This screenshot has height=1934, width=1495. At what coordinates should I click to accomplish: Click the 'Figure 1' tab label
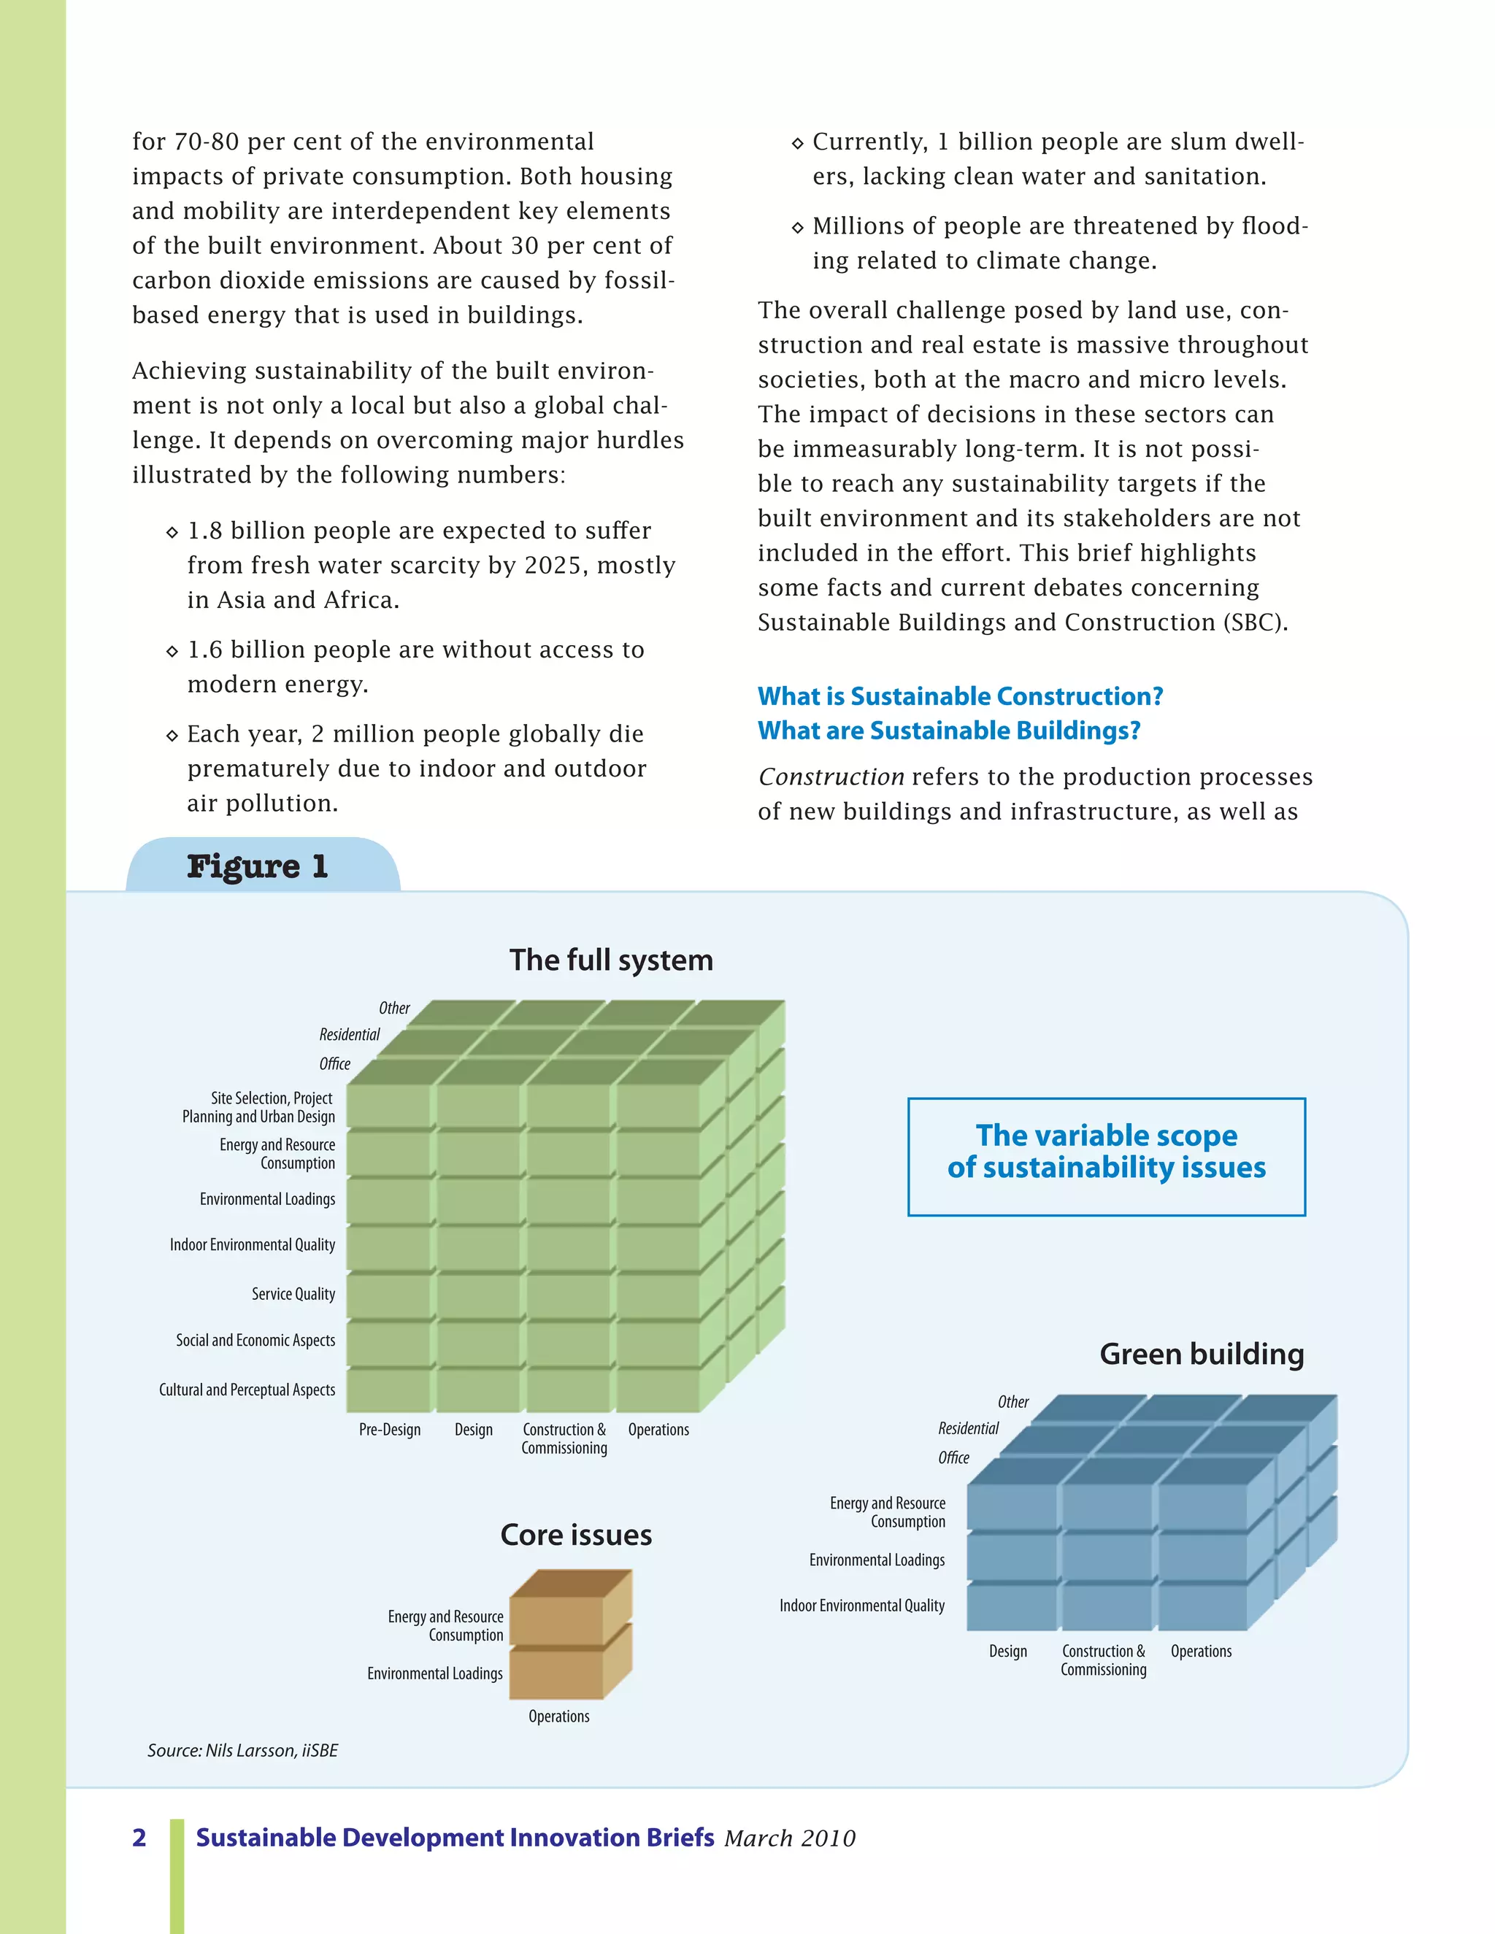click(x=258, y=866)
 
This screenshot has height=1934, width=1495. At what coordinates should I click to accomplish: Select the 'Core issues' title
click(x=576, y=1535)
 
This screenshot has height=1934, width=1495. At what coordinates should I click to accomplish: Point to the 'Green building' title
click(x=1202, y=1354)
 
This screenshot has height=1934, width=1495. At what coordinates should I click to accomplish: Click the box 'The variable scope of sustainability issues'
click(x=1106, y=1157)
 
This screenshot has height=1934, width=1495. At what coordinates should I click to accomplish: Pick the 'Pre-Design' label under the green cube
click(x=390, y=1429)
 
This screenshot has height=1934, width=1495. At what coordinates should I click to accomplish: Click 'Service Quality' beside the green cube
click(x=293, y=1294)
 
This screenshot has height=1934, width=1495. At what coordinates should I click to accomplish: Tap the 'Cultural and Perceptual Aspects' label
click(x=247, y=1390)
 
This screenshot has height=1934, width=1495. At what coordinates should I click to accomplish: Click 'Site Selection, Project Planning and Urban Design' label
click(x=259, y=1107)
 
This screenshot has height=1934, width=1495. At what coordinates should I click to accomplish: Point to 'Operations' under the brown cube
click(x=559, y=1717)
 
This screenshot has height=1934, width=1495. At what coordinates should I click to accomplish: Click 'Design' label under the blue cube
click(x=1008, y=1652)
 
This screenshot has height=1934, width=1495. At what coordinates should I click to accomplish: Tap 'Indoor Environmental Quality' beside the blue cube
click(x=862, y=1606)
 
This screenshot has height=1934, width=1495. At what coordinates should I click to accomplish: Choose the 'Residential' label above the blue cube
click(x=968, y=1428)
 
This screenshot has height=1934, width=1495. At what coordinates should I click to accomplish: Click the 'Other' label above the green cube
click(x=394, y=1009)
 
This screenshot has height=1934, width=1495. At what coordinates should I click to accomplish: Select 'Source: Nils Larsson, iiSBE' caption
click(x=242, y=1751)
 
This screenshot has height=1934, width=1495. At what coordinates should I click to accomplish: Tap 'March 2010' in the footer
click(x=790, y=1838)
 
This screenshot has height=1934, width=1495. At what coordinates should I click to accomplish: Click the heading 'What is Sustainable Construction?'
click(x=960, y=696)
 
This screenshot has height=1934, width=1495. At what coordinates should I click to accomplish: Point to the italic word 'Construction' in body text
click(x=831, y=777)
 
